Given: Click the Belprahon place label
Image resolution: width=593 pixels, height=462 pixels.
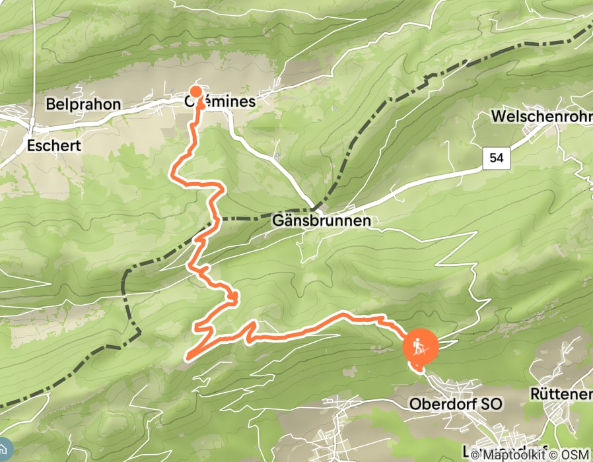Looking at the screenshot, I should pos(83,104).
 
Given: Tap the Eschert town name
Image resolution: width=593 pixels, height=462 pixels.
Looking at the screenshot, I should pos(55,145).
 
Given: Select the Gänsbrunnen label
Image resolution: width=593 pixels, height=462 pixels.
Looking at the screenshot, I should pos(322,222).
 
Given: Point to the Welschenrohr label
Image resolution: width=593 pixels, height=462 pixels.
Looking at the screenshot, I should pos(541,117).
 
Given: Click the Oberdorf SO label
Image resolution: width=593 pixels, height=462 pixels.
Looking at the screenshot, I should pos(456,403).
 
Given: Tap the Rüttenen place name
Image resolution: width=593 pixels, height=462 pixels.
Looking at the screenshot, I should pos(561,394).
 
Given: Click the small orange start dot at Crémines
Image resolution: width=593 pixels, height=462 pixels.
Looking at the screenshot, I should pos(196,92).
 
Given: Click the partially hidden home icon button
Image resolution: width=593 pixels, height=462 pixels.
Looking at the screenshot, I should pos(3,449).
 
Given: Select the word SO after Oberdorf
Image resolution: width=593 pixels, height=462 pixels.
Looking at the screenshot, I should pos(492,403).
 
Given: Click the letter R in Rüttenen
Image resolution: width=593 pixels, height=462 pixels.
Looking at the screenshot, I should pos(535,394).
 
